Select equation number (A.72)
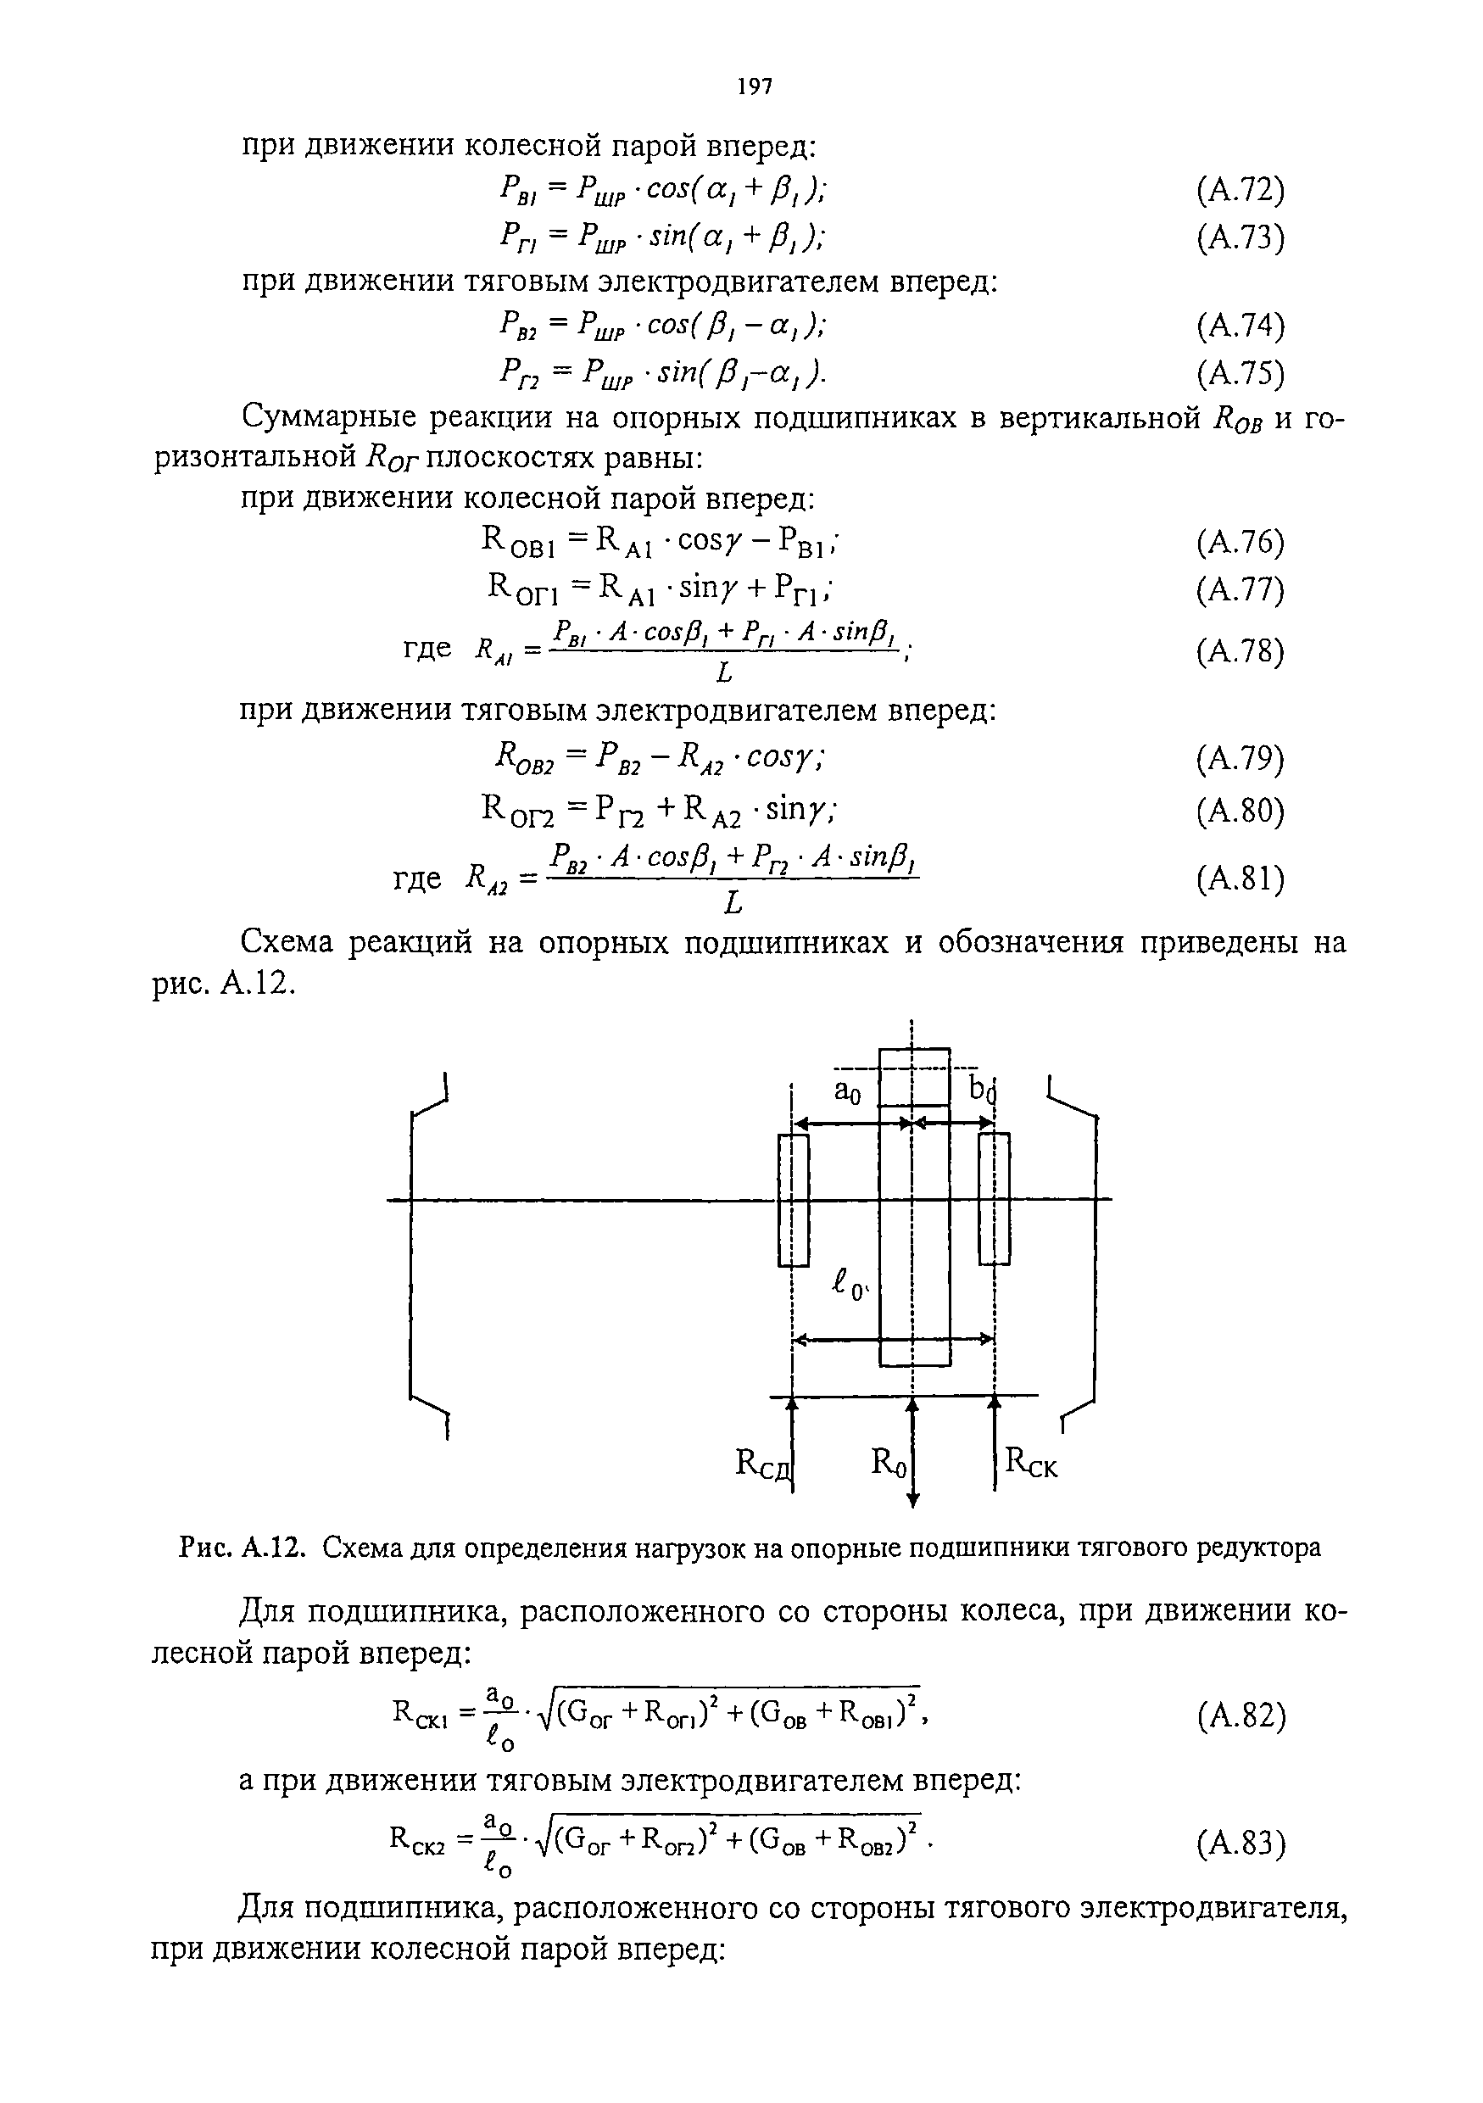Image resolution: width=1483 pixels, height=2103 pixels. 1240,191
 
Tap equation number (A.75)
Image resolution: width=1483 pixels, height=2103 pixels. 1240,373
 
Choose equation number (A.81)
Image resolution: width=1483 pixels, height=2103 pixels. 1240,879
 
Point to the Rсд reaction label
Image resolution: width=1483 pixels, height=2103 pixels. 762,1464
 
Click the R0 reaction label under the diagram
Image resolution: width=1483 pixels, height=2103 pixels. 888,1462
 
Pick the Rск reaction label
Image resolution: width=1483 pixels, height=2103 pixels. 1031,1462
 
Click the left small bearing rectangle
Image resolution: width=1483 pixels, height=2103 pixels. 794,1200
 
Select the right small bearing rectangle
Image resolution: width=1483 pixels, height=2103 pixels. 994,1198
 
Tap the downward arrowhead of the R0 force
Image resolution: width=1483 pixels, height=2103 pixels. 912,1499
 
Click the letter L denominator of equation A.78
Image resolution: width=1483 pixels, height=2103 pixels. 723,674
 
